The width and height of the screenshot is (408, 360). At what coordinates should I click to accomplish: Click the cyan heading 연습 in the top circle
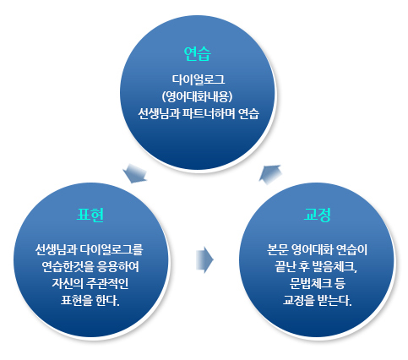click(197, 54)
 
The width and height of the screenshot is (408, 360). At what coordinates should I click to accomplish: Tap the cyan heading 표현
click(90, 215)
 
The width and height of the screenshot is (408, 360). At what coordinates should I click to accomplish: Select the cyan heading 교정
click(317, 215)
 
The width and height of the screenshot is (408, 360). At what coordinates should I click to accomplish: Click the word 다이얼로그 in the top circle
click(199, 79)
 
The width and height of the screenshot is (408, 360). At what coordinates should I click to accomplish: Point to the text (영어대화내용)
click(197, 97)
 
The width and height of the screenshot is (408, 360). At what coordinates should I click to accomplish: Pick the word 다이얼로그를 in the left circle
click(112, 249)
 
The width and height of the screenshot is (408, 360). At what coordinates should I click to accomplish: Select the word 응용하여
click(117, 267)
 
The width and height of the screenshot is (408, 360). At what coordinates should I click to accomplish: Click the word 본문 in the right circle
click(277, 249)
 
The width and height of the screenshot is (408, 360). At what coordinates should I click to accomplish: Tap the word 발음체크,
click(335, 267)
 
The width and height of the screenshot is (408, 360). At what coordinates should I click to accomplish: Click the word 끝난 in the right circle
click(285, 267)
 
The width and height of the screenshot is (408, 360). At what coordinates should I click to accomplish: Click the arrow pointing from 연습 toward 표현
click(136, 173)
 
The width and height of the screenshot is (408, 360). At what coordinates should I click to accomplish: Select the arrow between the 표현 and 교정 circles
click(204, 260)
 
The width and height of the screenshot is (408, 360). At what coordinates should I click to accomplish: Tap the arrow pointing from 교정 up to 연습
click(270, 174)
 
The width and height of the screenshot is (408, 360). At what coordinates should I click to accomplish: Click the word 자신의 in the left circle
click(67, 284)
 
